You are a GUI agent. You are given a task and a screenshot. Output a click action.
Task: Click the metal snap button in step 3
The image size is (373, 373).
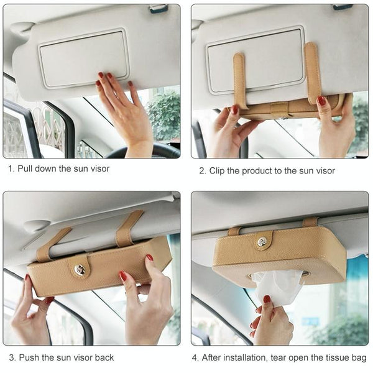pyautogui.click(x=79, y=269)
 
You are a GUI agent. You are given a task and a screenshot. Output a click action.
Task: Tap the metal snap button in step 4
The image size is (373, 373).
pyautogui.click(x=262, y=242)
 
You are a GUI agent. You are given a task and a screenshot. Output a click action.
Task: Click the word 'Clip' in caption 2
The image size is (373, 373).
pyautogui.click(x=216, y=171)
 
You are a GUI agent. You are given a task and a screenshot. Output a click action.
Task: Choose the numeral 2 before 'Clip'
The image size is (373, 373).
pyautogui.click(x=203, y=171)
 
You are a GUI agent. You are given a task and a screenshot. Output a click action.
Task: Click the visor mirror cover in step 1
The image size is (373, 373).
pyautogui.click(x=84, y=58)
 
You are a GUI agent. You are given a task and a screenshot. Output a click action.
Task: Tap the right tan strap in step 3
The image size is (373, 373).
pyautogui.click(x=129, y=228)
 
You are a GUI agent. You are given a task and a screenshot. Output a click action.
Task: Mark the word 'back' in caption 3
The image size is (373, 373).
pyautogui.click(x=104, y=357)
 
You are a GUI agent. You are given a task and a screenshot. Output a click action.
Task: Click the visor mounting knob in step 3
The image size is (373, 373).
pyautogui.click(x=37, y=226)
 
